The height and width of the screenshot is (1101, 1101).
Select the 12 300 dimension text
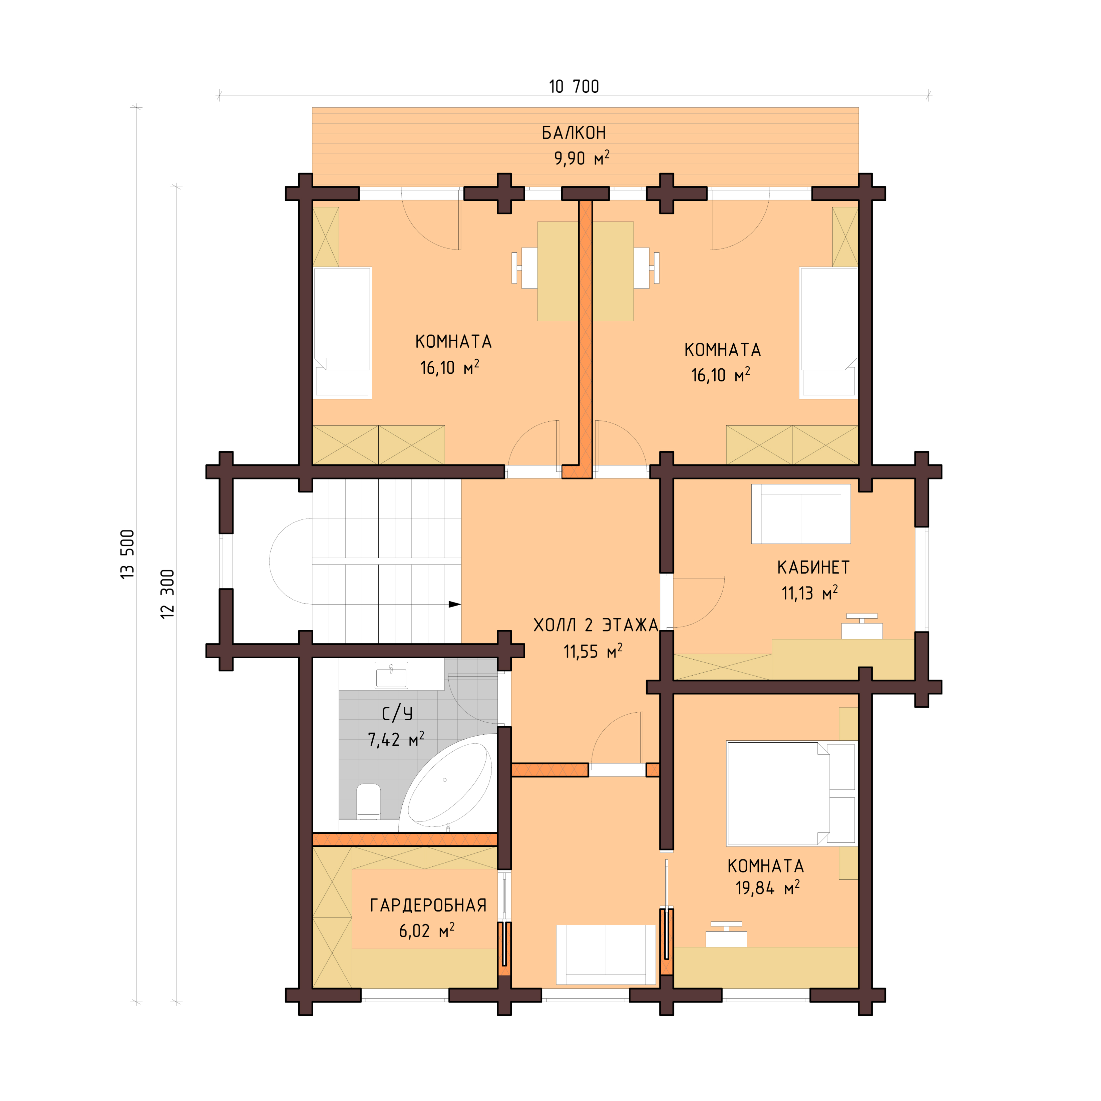coord(167,594)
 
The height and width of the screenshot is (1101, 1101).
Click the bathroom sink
coord(391,676)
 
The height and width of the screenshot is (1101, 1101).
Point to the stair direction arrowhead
coord(454,604)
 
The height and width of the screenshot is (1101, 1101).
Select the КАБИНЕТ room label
coord(813,568)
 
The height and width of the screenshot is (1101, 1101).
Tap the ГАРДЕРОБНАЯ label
coord(428,905)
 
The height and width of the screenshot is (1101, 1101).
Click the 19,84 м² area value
coord(767,888)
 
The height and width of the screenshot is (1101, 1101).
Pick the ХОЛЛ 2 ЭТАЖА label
coord(596,625)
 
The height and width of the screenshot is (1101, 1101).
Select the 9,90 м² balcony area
coord(581,158)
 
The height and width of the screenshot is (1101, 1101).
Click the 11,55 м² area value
coord(593,651)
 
